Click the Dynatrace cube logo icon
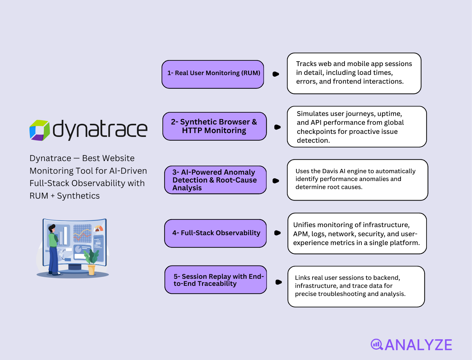(40, 130)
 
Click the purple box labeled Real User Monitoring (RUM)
(213, 74)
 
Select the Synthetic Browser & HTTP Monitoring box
(214, 126)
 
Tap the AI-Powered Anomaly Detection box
(215, 180)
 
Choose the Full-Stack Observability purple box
(215, 233)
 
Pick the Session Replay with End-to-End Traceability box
(216, 280)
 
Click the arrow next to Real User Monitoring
(276, 74)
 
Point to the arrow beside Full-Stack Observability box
(277, 233)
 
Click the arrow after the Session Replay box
(278, 282)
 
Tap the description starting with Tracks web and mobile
(354, 73)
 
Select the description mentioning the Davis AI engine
(357, 180)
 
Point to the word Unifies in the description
(304, 225)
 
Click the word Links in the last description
(302, 278)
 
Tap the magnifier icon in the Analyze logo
(377, 344)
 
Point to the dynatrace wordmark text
(100, 129)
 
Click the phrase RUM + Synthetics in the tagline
(65, 196)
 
